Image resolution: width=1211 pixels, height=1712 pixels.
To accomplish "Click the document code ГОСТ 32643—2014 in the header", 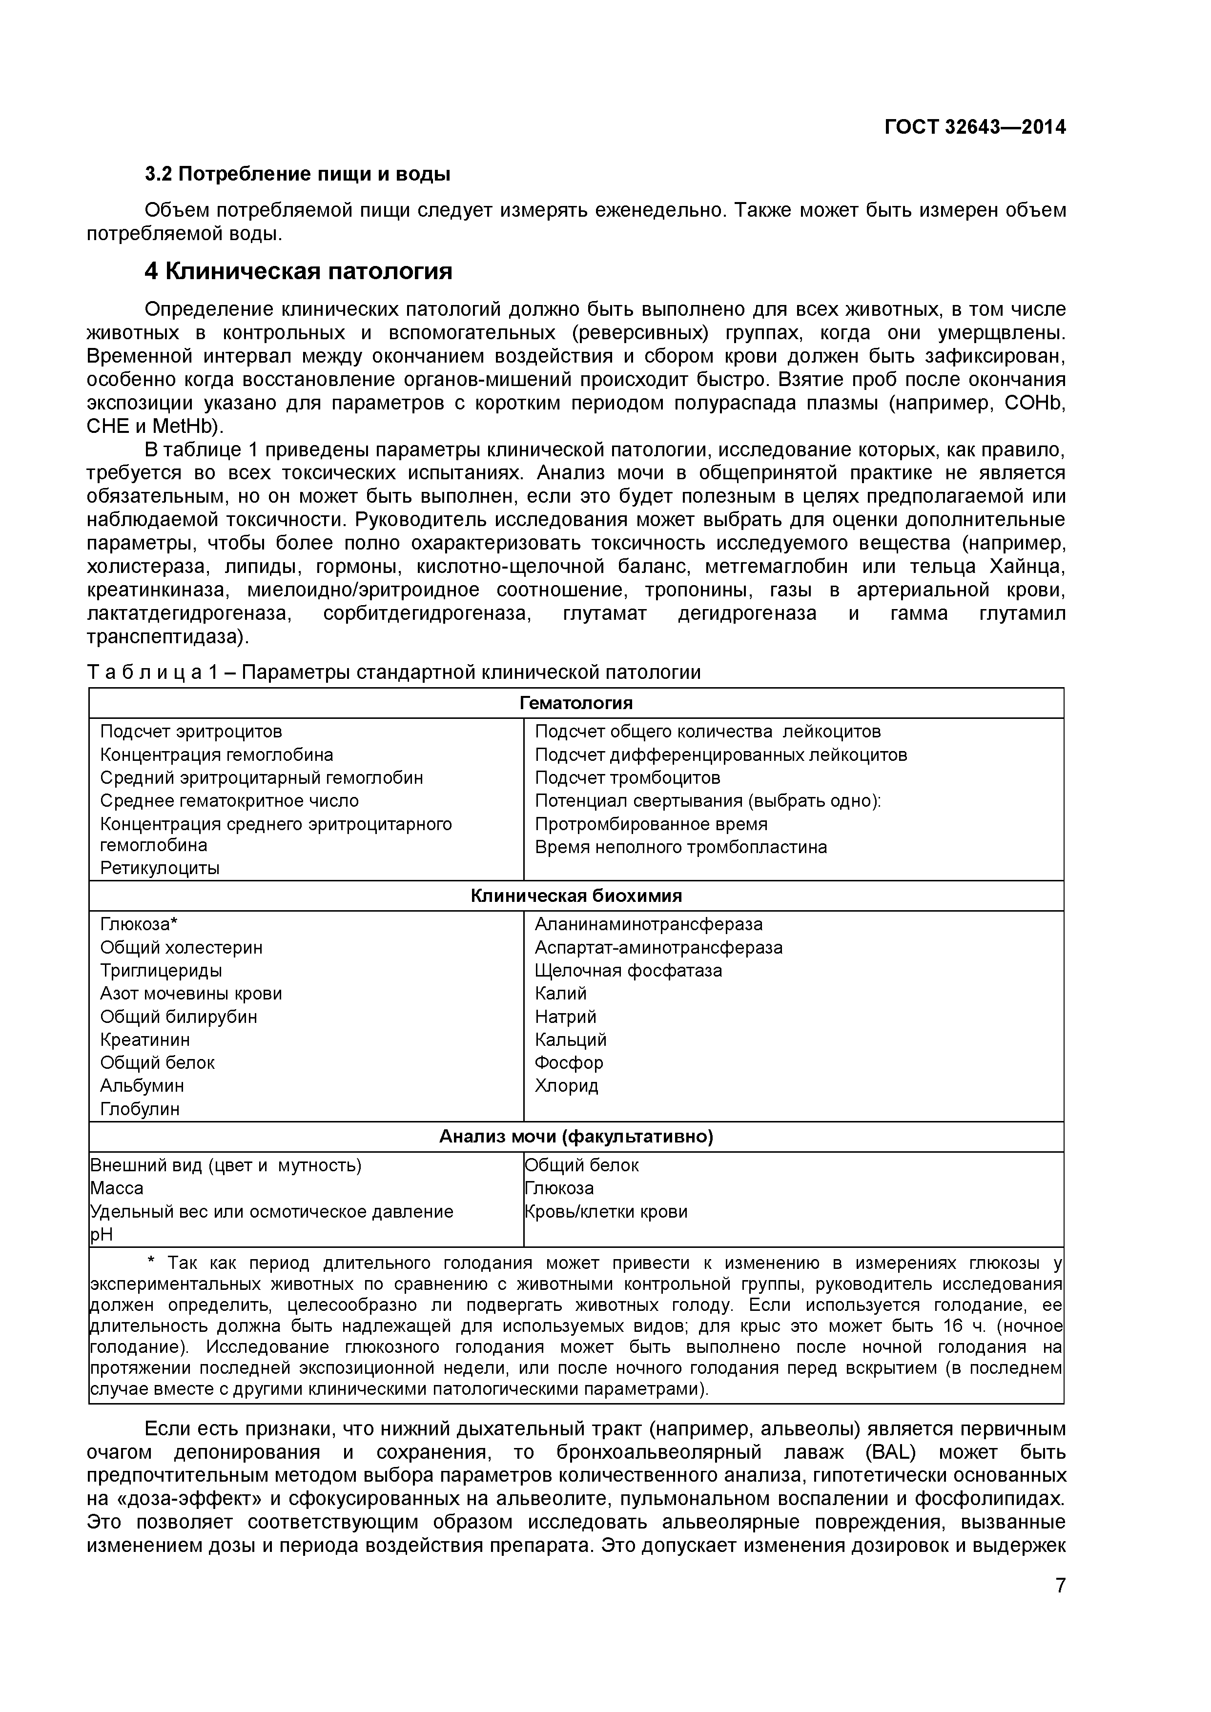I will click(975, 127).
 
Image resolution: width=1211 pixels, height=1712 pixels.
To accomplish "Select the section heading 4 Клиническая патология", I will click(298, 271).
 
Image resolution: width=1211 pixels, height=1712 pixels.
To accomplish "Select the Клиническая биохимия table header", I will click(575, 896).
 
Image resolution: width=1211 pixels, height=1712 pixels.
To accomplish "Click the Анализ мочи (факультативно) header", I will click(575, 1136).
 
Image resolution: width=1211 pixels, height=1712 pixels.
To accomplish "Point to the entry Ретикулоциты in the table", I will click(160, 868).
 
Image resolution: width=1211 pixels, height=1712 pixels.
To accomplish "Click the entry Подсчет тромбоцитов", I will click(627, 778).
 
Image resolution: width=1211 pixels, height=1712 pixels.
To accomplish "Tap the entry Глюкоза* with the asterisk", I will click(139, 925).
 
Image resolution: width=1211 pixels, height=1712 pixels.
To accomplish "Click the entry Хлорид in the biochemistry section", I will click(566, 1086).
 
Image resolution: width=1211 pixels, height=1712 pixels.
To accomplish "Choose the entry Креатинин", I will click(144, 1039).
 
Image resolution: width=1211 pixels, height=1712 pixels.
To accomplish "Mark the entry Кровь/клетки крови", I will click(605, 1212).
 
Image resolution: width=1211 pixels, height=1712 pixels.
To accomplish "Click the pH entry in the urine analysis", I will click(102, 1235).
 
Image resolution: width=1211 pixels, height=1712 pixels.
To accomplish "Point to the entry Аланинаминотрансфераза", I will click(649, 925).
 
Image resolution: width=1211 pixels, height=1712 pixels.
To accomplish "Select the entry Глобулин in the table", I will click(140, 1109).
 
